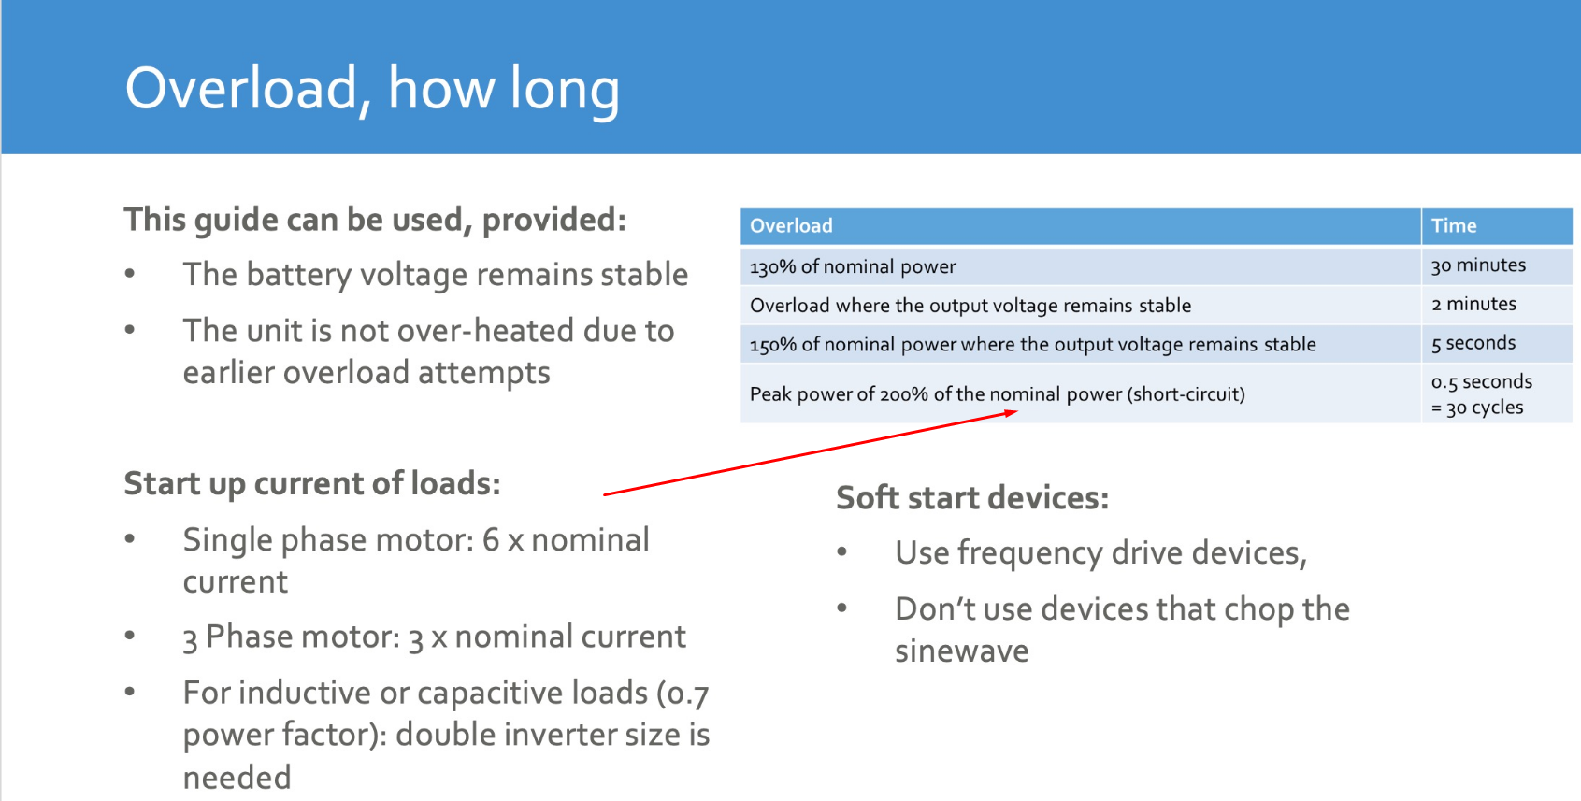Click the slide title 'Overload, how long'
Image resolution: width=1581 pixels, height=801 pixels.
[372, 89]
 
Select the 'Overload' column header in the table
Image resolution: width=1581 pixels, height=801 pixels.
[791, 226]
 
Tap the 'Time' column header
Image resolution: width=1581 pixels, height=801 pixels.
[1453, 226]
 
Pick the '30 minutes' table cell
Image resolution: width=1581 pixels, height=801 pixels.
[1478, 265]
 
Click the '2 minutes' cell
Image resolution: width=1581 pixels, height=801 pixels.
[1473, 304]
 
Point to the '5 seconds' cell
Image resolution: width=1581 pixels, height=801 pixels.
[1473, 343]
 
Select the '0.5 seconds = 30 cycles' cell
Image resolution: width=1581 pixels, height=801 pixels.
[1482, 393]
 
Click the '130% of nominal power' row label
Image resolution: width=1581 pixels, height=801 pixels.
[853, 266]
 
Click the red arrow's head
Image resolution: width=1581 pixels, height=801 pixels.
[1013, 412]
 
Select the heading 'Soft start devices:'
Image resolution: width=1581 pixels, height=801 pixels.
[972, 498]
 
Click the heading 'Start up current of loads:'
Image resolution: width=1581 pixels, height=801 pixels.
[312, 484]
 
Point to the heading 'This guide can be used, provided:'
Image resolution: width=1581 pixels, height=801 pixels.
[375, 220]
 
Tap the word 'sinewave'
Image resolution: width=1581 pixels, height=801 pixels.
[961, 651]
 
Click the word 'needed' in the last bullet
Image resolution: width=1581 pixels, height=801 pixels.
[237, 778]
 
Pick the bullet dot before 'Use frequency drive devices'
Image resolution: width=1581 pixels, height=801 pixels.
[841, 551]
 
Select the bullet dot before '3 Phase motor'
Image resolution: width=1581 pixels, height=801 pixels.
[130, 636]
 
